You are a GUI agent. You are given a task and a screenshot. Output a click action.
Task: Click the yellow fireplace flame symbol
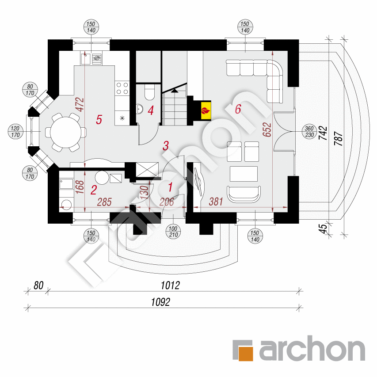(206, 111)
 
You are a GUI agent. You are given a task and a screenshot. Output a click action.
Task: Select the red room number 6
(238, 109)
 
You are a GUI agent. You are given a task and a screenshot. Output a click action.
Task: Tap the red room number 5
(99, 119)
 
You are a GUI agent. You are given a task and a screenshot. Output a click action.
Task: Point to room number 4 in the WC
(151, 110)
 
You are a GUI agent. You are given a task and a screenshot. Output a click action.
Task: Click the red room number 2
(94, 190)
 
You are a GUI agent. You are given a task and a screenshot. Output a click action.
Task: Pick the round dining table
(66, 132)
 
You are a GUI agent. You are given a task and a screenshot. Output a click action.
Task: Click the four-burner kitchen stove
(122, 88)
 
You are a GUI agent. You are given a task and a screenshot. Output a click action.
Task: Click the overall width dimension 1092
(160, 302)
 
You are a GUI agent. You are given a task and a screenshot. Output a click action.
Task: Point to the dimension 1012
(170, 286)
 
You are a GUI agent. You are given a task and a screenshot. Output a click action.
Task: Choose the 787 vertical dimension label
(339, 138)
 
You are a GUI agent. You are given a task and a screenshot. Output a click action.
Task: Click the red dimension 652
(267, 129)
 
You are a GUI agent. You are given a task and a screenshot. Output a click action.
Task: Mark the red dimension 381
(216, 202)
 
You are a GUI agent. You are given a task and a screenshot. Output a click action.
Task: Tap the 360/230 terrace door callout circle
(309, 132)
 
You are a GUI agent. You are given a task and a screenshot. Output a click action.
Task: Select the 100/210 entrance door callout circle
(173, 232)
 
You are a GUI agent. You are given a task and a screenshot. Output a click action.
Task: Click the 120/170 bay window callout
(15, 132)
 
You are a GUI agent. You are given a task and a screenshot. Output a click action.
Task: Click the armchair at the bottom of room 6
(244, 194)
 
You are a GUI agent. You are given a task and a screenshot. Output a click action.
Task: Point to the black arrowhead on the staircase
(174, 91)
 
